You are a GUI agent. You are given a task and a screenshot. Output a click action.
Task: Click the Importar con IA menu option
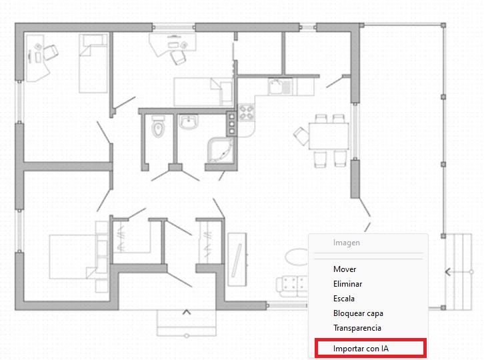click(361, 349)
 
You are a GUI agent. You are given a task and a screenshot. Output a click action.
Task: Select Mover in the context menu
click(345, 269)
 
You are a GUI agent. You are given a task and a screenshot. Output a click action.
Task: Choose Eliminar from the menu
click(347, 284)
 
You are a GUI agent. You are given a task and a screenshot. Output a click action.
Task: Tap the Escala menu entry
click(344, 299)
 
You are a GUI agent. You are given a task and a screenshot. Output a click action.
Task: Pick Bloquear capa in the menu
click(358, 313)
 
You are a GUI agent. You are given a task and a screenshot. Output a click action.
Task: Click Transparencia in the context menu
click(357, 328)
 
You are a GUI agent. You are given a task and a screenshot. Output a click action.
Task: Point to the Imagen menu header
click(346, 243)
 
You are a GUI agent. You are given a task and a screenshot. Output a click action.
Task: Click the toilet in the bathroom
click(159, 126)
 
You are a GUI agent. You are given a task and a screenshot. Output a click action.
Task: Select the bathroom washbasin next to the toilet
click(189, 121)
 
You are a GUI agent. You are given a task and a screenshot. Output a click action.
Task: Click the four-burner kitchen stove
click(246, 112)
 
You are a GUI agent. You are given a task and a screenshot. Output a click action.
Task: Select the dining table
click(329, 136)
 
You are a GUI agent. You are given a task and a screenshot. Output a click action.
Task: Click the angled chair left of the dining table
click(301, 136)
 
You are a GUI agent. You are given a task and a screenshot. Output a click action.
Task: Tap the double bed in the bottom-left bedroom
click(74, 257)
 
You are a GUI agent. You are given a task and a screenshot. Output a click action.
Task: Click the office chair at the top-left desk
click(50, 52)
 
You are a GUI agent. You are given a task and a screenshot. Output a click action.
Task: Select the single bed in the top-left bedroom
click(93, 63)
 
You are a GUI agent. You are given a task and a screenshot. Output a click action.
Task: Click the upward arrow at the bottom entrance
click(187, 312)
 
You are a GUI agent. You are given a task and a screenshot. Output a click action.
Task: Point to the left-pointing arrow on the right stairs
click(448, 272)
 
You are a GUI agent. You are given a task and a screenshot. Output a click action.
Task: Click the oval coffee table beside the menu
click(297, 257)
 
